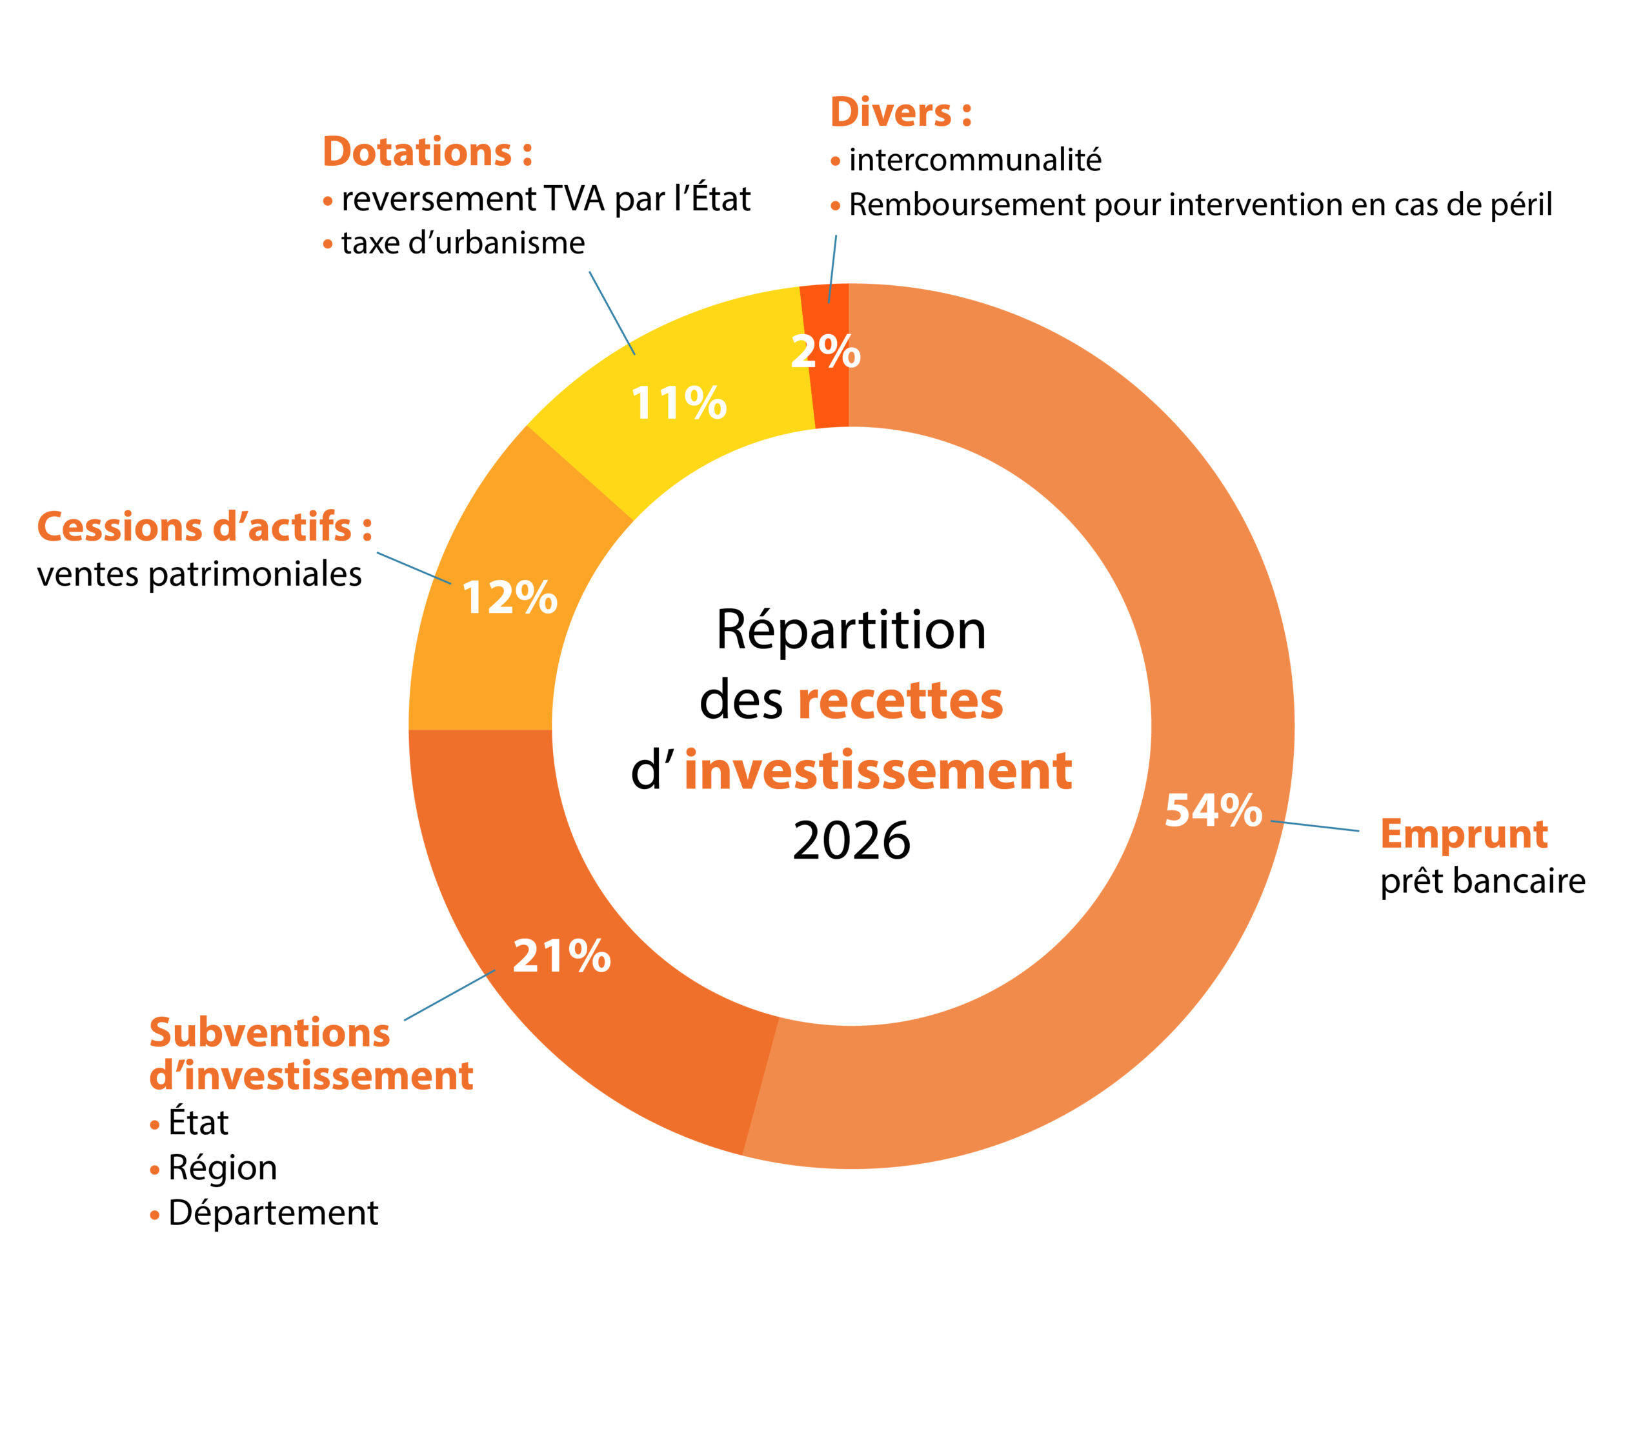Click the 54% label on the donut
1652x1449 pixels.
click(x=1213, y=810)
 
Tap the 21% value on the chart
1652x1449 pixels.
click(x=561, y=956)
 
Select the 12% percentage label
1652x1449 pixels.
click(x=509, y=598)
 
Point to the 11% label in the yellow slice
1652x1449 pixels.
click(x=679, y=403)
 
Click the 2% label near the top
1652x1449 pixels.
click(x=825, y=352)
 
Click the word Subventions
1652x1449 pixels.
click(x=270, y=1033)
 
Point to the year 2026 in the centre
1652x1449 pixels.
click(x=851, y=841)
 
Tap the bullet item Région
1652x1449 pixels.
click(x=222, y=1168)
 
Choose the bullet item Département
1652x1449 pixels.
click(x=273, y=1213)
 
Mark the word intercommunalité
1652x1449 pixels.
click(x=974, y=160)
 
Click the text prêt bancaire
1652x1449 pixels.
click(x=1482, y=881)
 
